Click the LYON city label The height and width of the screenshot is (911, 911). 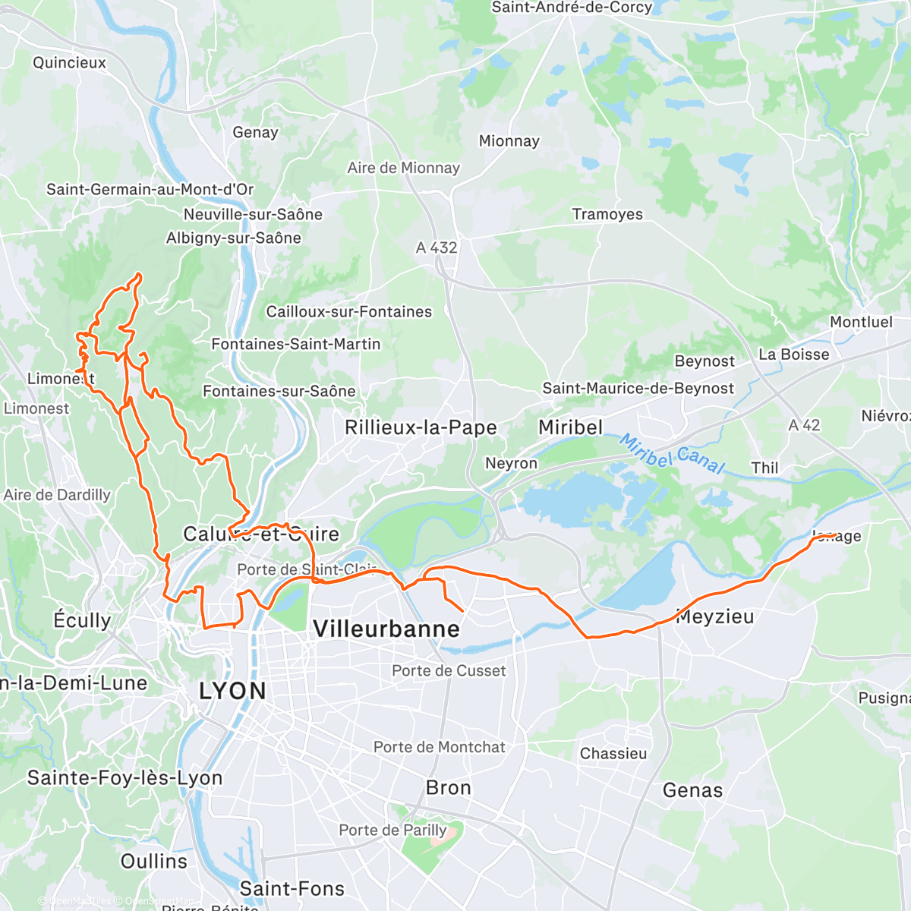tap(232, 691)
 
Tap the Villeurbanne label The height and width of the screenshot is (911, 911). tap(386, 629)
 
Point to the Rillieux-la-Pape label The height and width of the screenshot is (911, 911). tap(421, 427)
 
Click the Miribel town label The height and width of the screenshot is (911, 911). tap(570, 427)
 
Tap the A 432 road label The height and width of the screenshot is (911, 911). tap(437, 247)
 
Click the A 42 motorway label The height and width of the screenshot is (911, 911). tap(804, 425)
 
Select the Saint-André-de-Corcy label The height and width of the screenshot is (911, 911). tap(572, 8)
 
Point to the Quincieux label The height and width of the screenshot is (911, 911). tap(69, 62)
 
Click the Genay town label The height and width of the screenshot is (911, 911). tap(255, 132)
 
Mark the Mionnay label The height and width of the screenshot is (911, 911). tap(509, 141)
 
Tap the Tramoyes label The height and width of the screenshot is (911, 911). tap(607, 214)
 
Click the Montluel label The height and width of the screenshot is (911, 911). tap(861, 322)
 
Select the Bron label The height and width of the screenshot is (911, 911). tap(449, 788)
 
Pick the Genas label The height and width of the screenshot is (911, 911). tap(692, 790)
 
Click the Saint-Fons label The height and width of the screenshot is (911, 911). tap(292, 888)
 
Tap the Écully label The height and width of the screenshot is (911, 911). tap(82, 620)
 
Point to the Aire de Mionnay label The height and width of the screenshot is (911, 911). tap(404, 168)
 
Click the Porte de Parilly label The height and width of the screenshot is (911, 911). tap(392, 830)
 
